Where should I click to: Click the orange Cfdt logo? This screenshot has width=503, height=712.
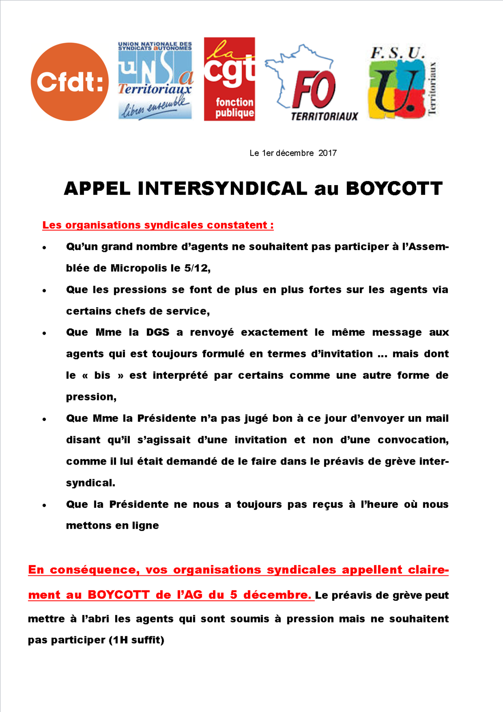tap(70, 82)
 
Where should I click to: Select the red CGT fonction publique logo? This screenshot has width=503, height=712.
tap(229, 79)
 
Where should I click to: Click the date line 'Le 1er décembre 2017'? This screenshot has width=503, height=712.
tap(293, 153)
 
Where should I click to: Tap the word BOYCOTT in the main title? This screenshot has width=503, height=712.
tap(394, 189)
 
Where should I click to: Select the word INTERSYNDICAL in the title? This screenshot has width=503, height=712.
tap(222, 189)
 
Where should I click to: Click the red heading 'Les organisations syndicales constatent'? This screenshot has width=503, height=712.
tap(158, 225)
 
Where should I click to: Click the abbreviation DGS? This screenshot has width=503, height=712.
tap(158, 332)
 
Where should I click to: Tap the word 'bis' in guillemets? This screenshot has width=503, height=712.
tap(102, 375)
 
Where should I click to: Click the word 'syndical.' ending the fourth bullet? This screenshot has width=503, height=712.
tap(91, 483)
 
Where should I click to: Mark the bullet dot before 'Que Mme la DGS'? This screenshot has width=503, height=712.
tap(44, 333)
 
